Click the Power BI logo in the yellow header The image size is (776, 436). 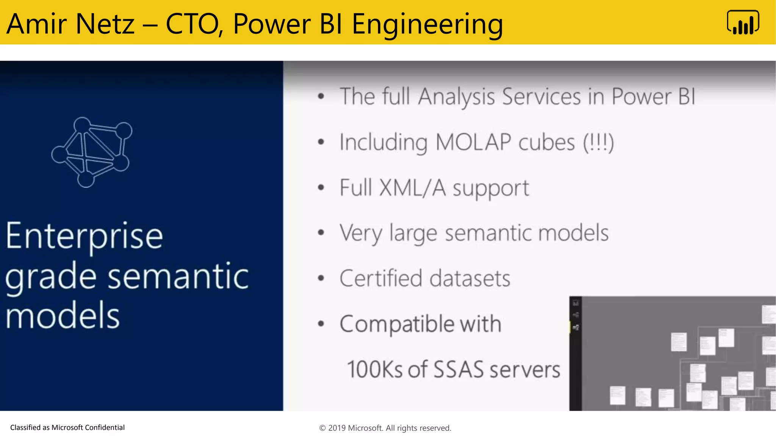point(743,23)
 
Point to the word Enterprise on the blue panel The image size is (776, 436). point(84,237)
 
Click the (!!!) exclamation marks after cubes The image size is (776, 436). point(598,142)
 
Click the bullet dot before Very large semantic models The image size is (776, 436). point(321,232)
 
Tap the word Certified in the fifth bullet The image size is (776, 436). point(380,279)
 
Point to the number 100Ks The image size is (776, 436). point(375,370)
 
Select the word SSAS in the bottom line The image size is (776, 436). point(458,370)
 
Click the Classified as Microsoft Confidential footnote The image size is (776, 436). point(67,428)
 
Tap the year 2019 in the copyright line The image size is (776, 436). point(336,428)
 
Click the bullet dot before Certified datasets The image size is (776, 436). point(321,279)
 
